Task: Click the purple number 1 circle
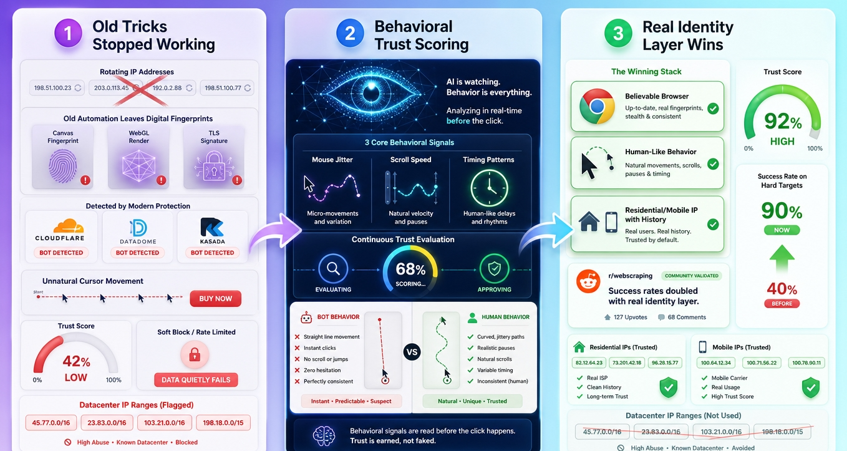coord(68,34)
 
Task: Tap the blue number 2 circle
coord(350,34)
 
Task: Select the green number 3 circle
coord(618,34)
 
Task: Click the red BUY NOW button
coord(216,299)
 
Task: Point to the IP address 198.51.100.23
coord(52,88)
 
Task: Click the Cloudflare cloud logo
coord(69,226)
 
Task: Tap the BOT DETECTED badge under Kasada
coord(212,253)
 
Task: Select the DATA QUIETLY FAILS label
coord(196,380)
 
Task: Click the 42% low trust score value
coord(76,361)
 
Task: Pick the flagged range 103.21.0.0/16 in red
coord(165,423)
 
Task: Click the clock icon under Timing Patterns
coord(489,188)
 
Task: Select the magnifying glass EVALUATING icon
coord(333,269)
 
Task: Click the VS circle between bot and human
coord(412,352)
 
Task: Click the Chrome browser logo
coord(597,107)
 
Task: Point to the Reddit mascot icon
coord(588,281)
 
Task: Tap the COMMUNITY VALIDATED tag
coord(692,276)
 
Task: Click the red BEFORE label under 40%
coord(782,304)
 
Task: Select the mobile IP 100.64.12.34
coord(716,363)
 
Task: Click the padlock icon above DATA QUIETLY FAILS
coord(195,355)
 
